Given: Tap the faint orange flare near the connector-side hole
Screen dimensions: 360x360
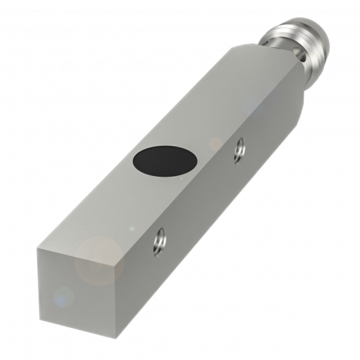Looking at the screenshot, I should point(216,144).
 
